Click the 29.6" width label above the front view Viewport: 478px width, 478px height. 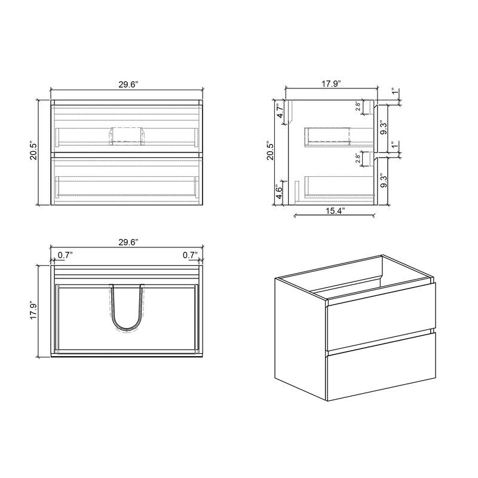128,85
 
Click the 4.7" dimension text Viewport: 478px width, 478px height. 280,112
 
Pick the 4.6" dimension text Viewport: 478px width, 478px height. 280,192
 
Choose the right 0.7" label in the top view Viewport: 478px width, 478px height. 190,255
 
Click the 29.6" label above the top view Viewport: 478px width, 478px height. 128,242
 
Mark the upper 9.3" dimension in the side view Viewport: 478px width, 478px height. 384,127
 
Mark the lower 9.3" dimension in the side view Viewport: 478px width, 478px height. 384,180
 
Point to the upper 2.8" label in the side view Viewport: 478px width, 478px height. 358,107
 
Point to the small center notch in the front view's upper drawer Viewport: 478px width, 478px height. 127,134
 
